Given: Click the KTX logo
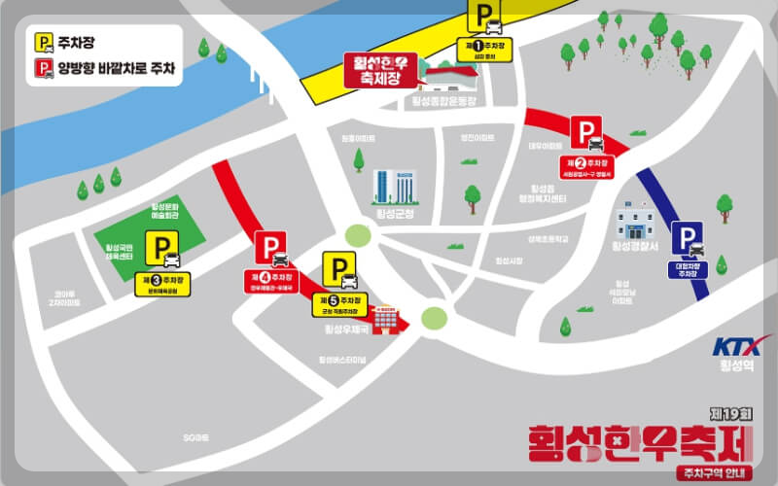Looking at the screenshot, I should tap(743, 346).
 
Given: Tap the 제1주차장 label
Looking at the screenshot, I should tap(485, 47).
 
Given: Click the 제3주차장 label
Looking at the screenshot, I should tap(161, 283).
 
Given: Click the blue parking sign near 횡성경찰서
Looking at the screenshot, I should tap(690, 237).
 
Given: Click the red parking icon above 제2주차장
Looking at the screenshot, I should tap(585, 132).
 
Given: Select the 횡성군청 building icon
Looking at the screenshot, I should tap(394, 187).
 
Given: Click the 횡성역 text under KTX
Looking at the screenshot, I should tap(743, 367).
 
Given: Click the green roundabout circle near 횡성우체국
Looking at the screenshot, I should tap(434, 317).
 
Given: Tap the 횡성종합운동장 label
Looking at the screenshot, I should tap(443, 101).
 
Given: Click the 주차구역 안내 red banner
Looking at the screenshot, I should tap(717, 472).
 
